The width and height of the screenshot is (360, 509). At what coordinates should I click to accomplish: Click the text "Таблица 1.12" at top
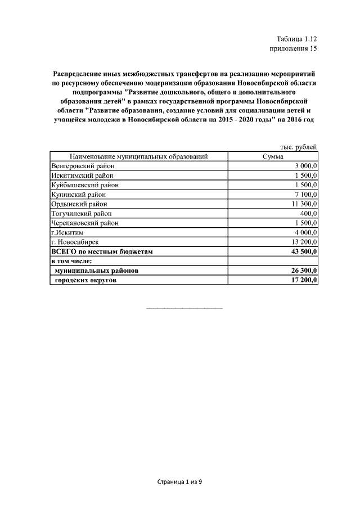coord(297,39)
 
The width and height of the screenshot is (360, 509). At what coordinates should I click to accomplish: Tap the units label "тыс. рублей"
coord(299,147)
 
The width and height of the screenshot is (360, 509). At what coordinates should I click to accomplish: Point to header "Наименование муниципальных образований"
coord(139,156)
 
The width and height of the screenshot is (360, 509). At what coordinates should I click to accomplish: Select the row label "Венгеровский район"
coord(82,166)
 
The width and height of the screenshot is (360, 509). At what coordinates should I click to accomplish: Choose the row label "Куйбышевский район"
coord(84,185)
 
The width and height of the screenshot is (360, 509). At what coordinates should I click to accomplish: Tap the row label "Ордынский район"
coord(79,204)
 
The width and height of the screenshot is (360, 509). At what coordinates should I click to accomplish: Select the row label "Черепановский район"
coord(84,223)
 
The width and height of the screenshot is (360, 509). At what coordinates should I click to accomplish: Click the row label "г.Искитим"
coord(66,233)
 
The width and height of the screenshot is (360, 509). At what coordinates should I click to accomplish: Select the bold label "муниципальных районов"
coord(97,271)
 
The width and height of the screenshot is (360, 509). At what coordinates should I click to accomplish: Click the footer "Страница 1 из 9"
coord(179,482)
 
